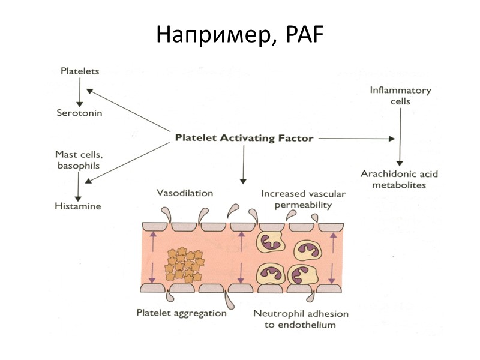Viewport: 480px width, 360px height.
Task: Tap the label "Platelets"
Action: [x=80, y=71]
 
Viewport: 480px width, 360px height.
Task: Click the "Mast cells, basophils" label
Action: [x=77, y=159]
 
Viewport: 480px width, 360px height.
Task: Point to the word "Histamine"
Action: [x=79, y=206]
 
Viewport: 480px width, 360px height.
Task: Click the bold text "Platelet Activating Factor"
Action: [x=244, y=138]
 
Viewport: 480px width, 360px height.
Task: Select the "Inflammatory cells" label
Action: [x=400, y=96]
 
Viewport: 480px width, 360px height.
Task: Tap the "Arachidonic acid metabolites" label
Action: [x=399, y=179]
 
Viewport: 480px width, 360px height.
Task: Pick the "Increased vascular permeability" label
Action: [x=296, y=199]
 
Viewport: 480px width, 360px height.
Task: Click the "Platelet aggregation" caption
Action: [x=181, y=313]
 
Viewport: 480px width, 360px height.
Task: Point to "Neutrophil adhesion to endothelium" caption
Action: [x=301, y=319]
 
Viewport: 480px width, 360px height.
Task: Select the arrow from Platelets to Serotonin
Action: [x=79, y=91]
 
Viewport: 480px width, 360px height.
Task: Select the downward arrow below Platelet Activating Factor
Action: [x=243, y=165]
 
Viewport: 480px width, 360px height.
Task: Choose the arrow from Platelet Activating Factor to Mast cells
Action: [x=129, y=161]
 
